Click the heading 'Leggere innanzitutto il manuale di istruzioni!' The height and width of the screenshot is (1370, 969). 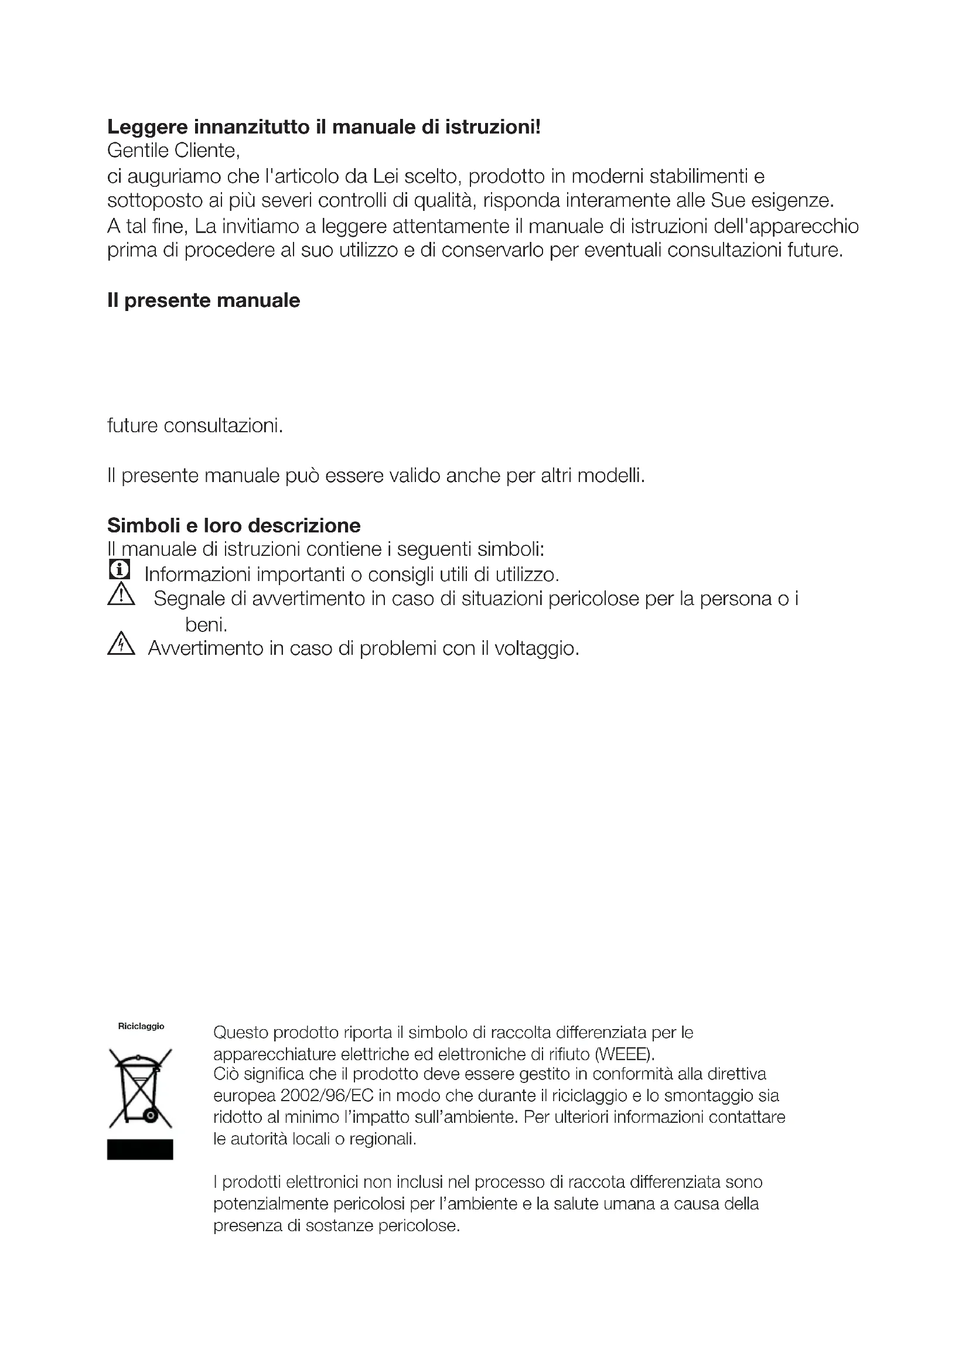click(324, 127)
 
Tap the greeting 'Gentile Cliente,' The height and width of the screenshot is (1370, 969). click(173, 151)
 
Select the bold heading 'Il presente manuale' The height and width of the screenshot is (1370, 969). click(203, 300)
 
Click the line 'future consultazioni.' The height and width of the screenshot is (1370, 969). click(195, 426)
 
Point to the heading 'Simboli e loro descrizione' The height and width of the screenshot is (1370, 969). click(234, 525)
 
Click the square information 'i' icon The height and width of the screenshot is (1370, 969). click(120, 569)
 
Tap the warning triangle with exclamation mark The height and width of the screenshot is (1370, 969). click(121, 595)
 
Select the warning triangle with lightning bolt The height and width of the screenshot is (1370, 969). click(121, 644)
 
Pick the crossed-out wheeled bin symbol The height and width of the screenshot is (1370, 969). click(140, 1088)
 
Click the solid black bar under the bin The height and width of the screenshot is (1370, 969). click(140, 1149)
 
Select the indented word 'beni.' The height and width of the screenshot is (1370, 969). click(206, 625)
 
